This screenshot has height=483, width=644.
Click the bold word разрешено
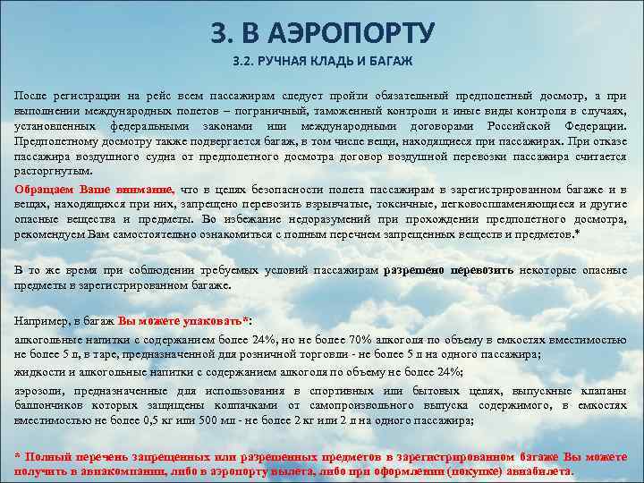(414, 269)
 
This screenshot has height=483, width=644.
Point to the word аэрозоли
(38, 391)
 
